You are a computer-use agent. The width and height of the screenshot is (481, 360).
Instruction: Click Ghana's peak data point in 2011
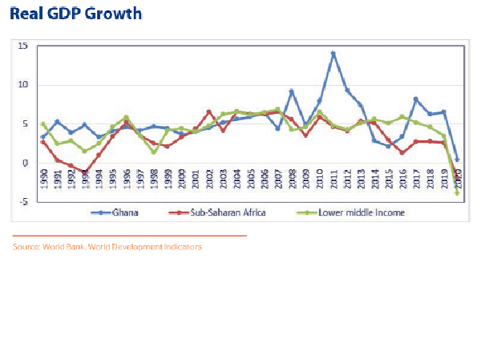coord(333,54)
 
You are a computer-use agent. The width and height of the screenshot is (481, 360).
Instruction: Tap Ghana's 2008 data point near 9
coord(292,91)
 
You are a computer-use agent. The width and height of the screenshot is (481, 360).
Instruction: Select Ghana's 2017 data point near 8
coord(416,99)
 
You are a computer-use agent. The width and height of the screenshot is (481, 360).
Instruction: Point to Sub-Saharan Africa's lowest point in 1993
coord(85,172)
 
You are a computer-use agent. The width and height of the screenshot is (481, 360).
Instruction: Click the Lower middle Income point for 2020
coord(458,193)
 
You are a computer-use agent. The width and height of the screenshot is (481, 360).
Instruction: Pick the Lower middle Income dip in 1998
coord(153,152)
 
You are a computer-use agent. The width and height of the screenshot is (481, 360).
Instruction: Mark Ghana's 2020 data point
coord(458,160)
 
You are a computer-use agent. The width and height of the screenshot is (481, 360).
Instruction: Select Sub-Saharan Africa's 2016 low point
coord(402,152)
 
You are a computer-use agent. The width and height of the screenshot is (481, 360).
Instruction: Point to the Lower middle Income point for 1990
coord(43,124)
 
